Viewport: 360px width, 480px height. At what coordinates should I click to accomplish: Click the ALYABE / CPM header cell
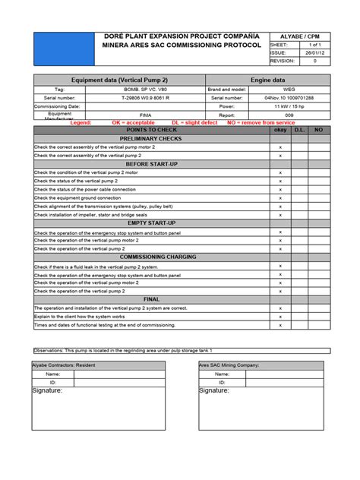[x=299, y=36]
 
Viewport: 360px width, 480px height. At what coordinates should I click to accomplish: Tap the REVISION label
[x=285, y=62]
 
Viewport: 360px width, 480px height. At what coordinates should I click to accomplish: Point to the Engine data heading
[x=268, y=80]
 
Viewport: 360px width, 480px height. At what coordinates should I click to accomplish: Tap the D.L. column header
[x=298, y=131]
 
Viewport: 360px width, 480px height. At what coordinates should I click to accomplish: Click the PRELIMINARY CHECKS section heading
[x=149, y=139]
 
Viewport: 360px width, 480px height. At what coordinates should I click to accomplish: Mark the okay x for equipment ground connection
[x=280, y=197]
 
